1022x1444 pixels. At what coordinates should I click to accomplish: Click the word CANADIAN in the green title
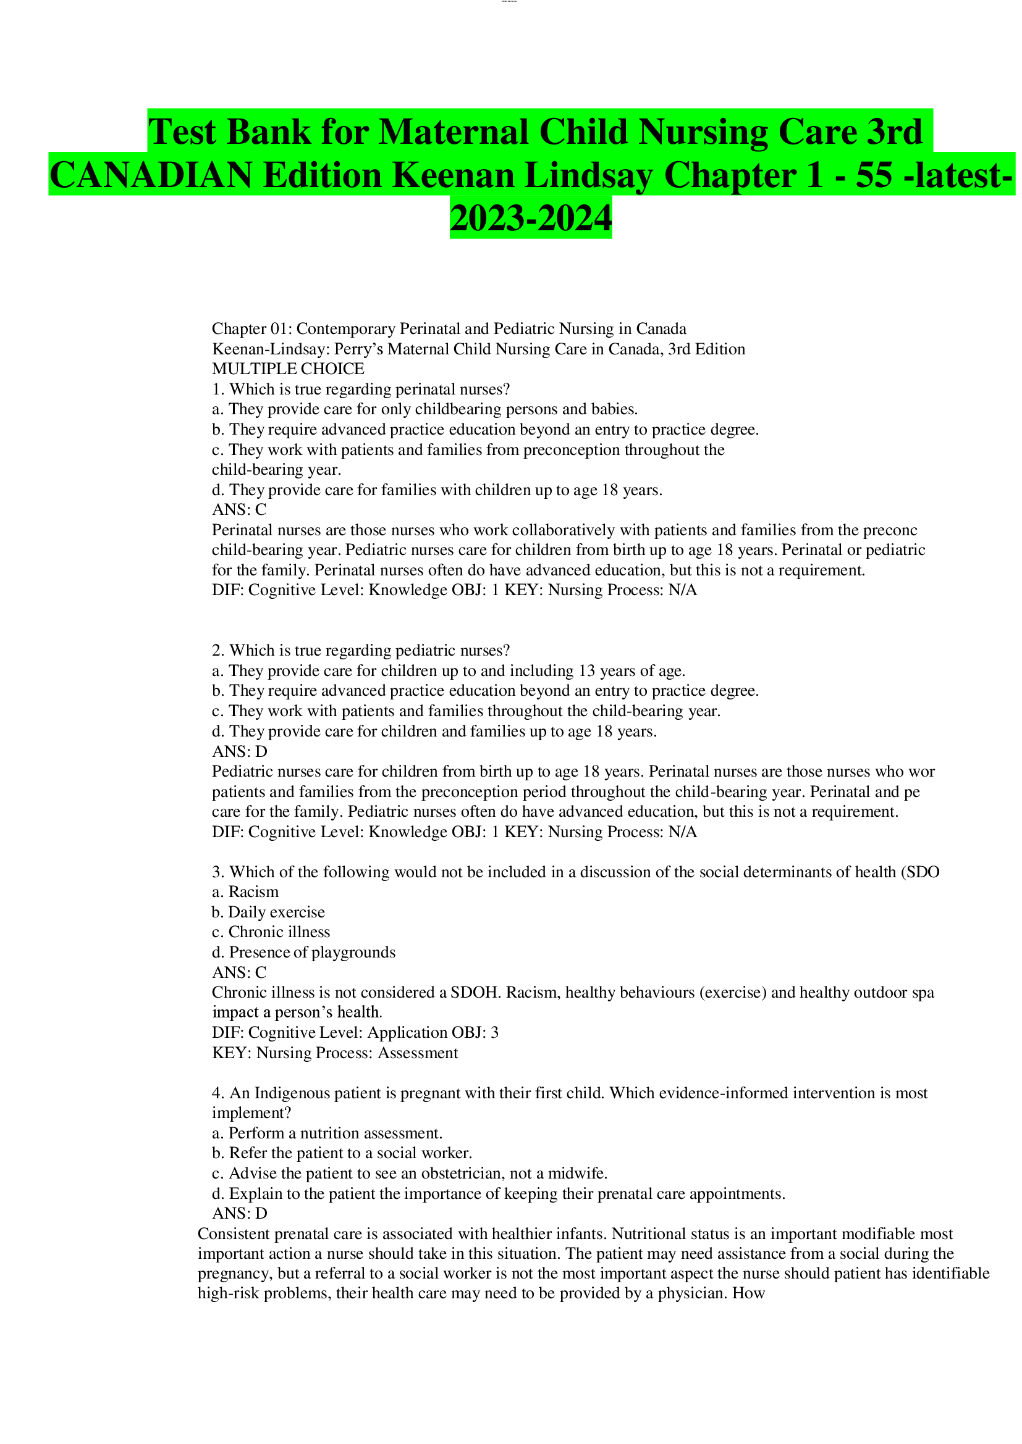coord(151,175)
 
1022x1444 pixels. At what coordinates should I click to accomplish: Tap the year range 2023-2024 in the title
coord(531,218)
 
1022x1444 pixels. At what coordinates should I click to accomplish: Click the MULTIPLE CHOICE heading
coord(287,369)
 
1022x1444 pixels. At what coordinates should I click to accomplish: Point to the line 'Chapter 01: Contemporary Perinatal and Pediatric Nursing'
coord(449,328)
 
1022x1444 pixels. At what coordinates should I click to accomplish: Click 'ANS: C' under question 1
coord(239,509)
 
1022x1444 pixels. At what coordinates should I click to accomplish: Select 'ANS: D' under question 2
coord(239,751)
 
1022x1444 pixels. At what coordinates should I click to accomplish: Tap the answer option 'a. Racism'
coord(245,892)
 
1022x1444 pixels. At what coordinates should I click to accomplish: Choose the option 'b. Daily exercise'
coord(268,912)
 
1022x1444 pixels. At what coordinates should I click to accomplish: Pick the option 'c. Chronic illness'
coord(271,932)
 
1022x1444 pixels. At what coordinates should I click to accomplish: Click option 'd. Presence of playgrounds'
coord(303,952)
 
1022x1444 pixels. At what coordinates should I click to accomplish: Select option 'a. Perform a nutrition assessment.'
coord(327,1133)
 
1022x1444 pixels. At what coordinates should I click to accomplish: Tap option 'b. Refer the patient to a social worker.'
coord(342,1153)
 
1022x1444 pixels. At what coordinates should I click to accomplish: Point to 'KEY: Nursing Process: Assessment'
coord(335,1053)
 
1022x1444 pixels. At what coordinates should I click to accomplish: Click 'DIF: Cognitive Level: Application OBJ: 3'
coord(355,1033)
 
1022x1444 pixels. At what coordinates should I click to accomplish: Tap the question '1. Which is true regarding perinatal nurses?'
coord(361,389)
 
